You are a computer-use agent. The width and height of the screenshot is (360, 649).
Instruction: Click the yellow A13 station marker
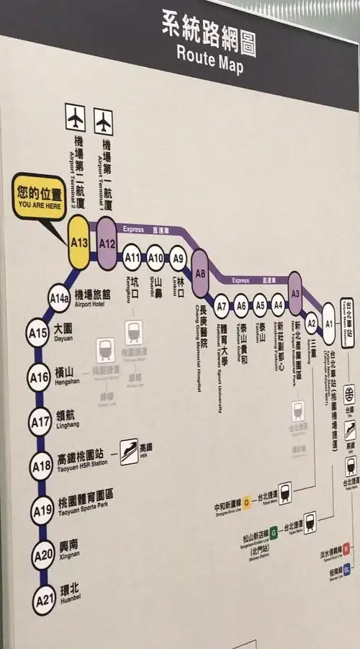click(x=78, y=243)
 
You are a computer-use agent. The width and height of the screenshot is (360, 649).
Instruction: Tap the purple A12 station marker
click(x=107, y=243)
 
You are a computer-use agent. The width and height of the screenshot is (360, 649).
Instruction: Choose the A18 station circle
click(x=41, y=466)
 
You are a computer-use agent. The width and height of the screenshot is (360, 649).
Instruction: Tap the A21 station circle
click(x=44, y=599)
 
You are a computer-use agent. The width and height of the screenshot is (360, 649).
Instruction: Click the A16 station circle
click(x=38, y=376)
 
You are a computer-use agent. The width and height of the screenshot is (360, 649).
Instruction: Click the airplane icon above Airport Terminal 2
click(x=75, y=116)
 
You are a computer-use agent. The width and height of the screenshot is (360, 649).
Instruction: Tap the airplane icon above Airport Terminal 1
click(x=104, y=119)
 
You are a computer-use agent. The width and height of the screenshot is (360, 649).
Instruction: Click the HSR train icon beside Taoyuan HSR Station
click(x=129, y=451)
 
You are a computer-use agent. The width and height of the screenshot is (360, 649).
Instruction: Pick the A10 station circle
click(x=156, y=257)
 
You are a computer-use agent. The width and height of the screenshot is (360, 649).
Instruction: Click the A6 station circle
click(x=240, y=305)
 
